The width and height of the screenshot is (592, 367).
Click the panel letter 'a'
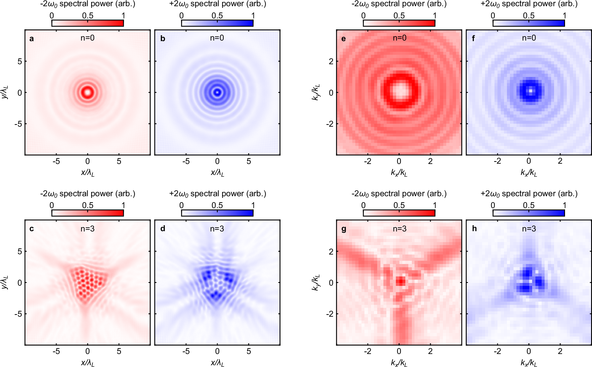[x=32, y=39]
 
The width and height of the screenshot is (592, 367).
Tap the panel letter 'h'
[x=474, y=228]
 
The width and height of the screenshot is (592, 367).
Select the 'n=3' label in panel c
[x=87, y=228]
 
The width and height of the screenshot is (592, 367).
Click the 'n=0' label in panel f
[x=529, y=38]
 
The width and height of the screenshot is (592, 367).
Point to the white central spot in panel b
[x=217, y=92]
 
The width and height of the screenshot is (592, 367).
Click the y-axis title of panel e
[x=316, y=92]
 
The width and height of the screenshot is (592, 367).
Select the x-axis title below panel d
[x=217, y=363]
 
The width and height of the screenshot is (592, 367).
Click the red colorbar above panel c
[x=87, y=213]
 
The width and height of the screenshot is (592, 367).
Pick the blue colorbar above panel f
[x=529, y=23]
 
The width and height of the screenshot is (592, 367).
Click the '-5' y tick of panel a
[x=18, y=124]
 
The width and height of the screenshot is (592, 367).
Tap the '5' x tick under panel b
[x=249, y=161]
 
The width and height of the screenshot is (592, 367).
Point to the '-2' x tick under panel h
[x=497, y=351]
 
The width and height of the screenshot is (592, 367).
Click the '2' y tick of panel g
[x=331, y=251]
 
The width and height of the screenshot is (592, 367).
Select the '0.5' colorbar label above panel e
[x=399, y=15]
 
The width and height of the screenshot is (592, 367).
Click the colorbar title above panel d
[x=217, y=194]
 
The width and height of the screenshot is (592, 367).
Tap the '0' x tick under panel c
[x=87, y=351]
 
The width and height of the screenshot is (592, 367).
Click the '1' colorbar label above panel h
[x=564, y=205]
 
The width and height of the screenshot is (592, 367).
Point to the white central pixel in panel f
[x=530, y=91]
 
